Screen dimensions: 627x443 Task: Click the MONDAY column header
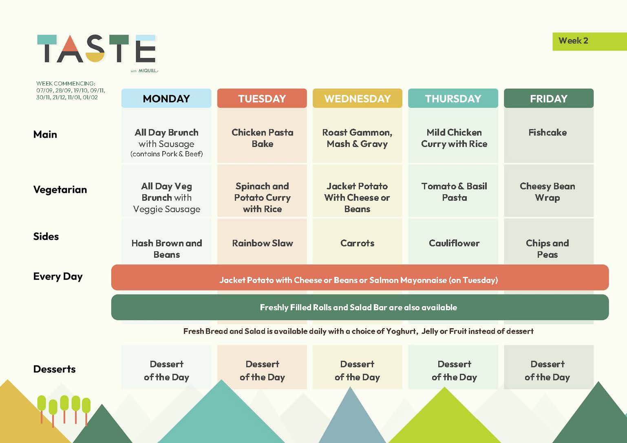166,99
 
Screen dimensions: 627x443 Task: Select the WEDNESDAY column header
357,99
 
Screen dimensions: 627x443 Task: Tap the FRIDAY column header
549,99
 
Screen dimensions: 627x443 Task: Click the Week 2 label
573,41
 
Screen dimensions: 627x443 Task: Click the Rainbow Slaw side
262,243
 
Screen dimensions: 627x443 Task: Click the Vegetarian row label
60,190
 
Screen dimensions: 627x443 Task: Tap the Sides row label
46,237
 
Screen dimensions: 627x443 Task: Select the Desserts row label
54,369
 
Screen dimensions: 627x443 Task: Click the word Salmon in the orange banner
384,280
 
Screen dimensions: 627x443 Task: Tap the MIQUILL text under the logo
148,71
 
